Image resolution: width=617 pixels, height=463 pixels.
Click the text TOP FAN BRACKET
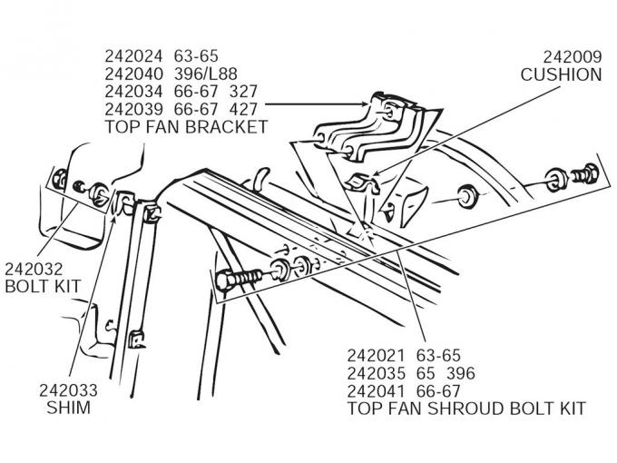(187, 128)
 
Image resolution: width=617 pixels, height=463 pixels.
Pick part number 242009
(572, 55)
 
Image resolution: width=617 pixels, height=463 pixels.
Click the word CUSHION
(561, 74)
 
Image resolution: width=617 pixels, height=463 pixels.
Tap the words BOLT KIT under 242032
(44, 287)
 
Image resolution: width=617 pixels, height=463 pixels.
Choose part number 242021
(377, 355)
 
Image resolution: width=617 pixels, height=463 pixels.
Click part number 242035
(377, 373)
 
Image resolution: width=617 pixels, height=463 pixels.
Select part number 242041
(377, 391)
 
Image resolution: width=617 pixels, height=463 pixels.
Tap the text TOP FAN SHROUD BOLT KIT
(466, 409)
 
